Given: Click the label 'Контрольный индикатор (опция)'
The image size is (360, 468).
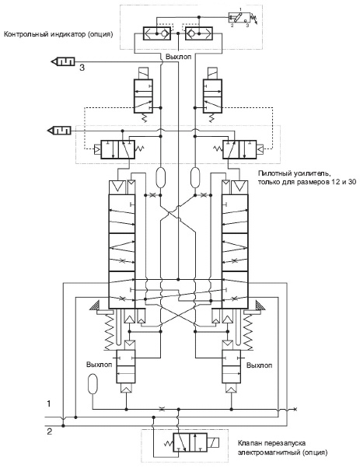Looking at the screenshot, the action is (x=58, y=34).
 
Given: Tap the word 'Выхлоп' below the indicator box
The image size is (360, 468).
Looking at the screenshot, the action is (x=178, y=57).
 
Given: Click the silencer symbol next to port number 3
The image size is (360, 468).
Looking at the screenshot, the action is (x=63, y=61).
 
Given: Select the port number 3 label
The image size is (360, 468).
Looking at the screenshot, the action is (x=82, y=68).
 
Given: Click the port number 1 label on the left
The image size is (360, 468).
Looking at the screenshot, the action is (x=49, y=403).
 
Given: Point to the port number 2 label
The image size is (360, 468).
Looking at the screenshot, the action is (x=50, y=431).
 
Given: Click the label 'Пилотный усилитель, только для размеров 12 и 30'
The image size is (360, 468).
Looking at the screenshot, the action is (x=307, y=177).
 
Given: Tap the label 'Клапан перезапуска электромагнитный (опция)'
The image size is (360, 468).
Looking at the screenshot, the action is (x=282, y=448).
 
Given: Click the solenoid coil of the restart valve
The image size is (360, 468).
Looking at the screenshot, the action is (x=213, y=442).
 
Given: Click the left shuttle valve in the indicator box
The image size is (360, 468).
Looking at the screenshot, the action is (x=157, y=33).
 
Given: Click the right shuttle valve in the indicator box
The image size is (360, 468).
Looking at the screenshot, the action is (x=199, y=33).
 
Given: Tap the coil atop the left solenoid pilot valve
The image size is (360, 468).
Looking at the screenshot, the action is (x=143, y=73).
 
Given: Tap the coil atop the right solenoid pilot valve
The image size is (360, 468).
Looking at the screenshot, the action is (x=212, y=73).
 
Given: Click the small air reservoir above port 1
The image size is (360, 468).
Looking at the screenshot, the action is (x=93, y=384).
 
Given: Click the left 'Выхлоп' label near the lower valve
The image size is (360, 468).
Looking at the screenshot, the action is (x=99, y=365).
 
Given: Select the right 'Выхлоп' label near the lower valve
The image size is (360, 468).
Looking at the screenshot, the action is (x=260, y=365).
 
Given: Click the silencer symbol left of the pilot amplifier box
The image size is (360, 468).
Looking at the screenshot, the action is (x=59, y=131).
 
